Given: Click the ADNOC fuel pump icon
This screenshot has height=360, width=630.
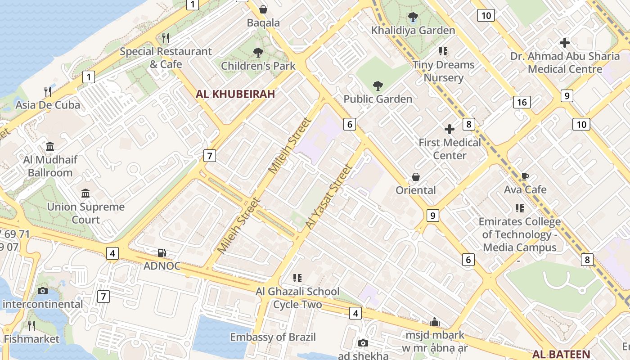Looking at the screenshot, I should point(162,253).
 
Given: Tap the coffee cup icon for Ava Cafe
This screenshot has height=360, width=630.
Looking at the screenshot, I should point(525,176).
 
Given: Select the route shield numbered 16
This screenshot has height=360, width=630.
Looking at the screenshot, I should point(522,102).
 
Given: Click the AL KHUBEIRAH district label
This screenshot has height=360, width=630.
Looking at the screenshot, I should point(235,94).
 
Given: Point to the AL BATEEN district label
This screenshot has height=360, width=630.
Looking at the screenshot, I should point(563,354).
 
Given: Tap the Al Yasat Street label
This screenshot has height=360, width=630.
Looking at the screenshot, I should point(328,197).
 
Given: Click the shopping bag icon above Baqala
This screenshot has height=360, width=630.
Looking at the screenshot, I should point(263,9).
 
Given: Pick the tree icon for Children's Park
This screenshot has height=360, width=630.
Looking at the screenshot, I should point(258,53).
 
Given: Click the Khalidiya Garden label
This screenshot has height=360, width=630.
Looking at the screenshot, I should point(413,30).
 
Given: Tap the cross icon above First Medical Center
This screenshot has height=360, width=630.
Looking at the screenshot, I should point(449,130).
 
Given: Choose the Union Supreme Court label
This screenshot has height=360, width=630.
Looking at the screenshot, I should point(86,213).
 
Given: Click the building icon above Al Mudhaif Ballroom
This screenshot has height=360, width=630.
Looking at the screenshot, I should point(50,147).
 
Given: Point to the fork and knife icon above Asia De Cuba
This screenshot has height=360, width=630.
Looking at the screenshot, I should point(48,92).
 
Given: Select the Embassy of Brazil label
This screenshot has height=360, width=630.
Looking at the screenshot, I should point(273,337).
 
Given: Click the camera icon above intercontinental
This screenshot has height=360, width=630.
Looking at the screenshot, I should point(43,291).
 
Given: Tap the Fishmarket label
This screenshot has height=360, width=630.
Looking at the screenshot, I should point(31,339).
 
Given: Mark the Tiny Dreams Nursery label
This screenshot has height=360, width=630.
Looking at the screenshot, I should point(444,71).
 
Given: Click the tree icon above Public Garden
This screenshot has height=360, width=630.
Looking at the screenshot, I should point(378,86).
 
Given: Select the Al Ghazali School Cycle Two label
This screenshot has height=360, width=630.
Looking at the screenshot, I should point(297,298).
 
